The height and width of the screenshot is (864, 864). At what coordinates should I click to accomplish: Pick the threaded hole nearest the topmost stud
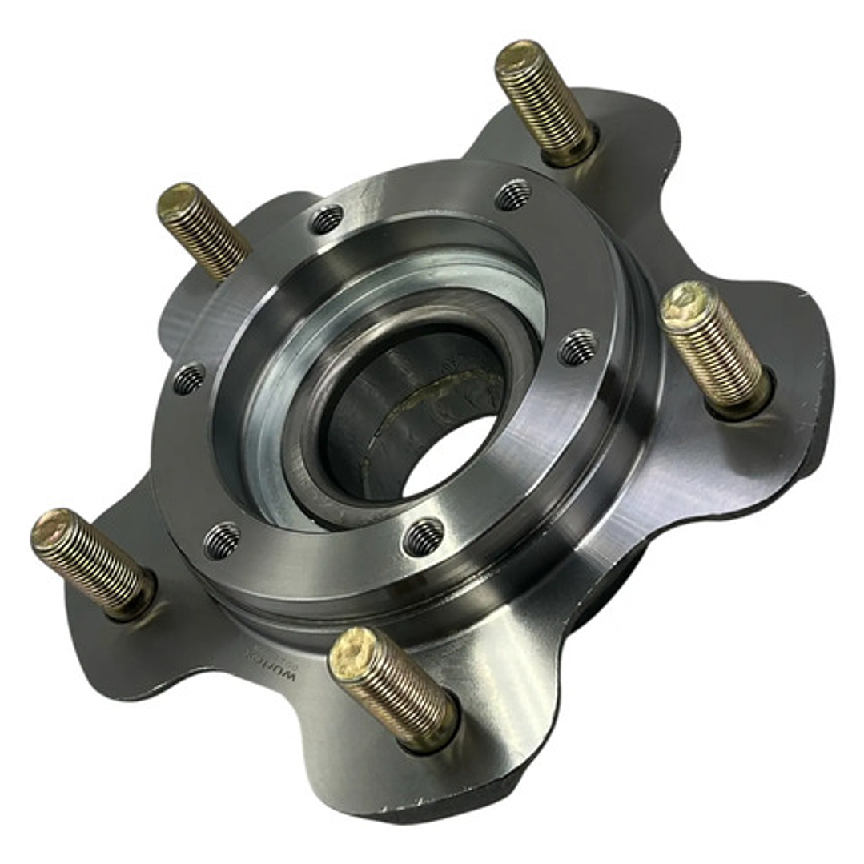point(512,194)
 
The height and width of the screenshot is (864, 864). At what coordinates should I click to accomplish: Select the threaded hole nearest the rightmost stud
point(577,347)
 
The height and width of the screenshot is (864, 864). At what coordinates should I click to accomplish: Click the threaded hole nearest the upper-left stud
point(326,219)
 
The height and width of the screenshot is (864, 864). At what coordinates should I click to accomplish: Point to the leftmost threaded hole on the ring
point(189,378)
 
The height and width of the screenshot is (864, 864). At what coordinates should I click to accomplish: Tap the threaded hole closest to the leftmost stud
point(222,541)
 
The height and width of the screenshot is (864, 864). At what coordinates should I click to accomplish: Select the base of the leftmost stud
point(136,597)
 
